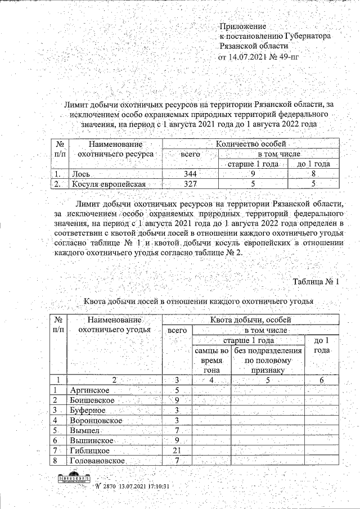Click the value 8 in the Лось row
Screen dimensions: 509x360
coord(314,174)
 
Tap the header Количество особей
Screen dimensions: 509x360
coord(251,143)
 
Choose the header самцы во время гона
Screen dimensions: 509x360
coord(211,361)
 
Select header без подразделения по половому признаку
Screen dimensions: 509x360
coord(268,361)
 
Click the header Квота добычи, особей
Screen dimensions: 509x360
coord(250,320)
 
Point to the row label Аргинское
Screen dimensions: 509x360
coord(89,390)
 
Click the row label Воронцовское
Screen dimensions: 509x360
coord(96,420)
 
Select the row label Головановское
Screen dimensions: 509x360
coord(97,461)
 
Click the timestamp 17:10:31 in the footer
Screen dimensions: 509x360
coord(157,485)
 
